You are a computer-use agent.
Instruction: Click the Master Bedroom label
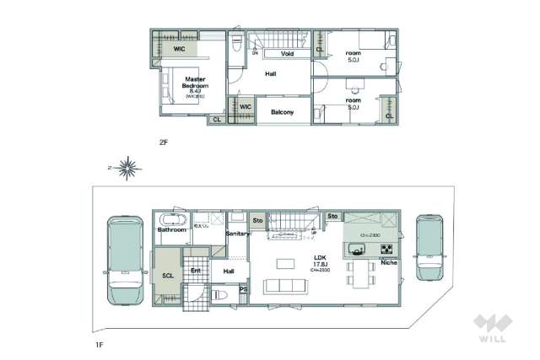pos(195,83)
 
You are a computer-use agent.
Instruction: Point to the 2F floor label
pos(164,142)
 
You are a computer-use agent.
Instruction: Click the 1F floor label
pos(99,344)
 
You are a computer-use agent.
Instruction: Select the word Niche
pos(389,263)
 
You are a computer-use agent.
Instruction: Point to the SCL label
pos(167,275)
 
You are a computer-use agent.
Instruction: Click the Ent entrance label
pos(195,271)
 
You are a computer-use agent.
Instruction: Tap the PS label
pos(244,291)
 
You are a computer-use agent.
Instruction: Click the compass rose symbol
pos(127,169)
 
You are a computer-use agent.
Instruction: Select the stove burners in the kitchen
pos(386,250)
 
